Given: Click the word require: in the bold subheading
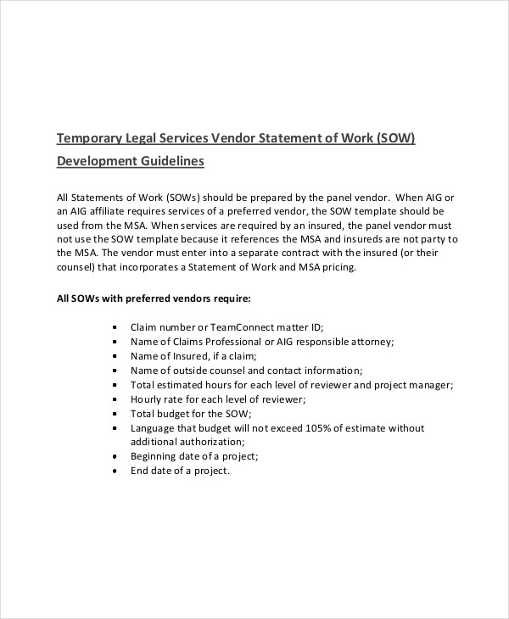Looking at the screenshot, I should point(231,298).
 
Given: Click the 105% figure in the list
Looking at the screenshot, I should point(329,428).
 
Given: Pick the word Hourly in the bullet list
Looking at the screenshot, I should point(146,399).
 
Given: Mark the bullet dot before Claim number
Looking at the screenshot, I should point(115,327).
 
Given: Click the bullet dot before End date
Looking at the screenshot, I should point(115,471).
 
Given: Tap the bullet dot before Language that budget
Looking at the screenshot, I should point(115,428).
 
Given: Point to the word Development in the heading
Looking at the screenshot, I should point(97,161).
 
